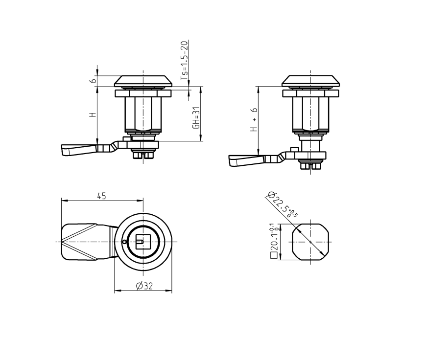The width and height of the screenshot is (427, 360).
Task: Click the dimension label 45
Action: coord(101,196)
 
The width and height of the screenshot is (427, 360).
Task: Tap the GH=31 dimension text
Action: coord(196,118)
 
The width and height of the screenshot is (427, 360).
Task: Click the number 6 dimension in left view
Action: coord(91,81)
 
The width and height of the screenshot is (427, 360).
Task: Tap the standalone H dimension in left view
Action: coord(92,115)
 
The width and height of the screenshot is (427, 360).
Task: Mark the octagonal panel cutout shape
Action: coord(310,242)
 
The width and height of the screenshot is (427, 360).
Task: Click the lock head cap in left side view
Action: coord(143,80)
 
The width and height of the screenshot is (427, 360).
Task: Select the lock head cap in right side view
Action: coord(310,80)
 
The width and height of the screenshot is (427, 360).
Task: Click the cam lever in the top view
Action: coord(86,242)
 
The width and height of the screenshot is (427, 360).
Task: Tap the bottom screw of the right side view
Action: coord(310,166)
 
